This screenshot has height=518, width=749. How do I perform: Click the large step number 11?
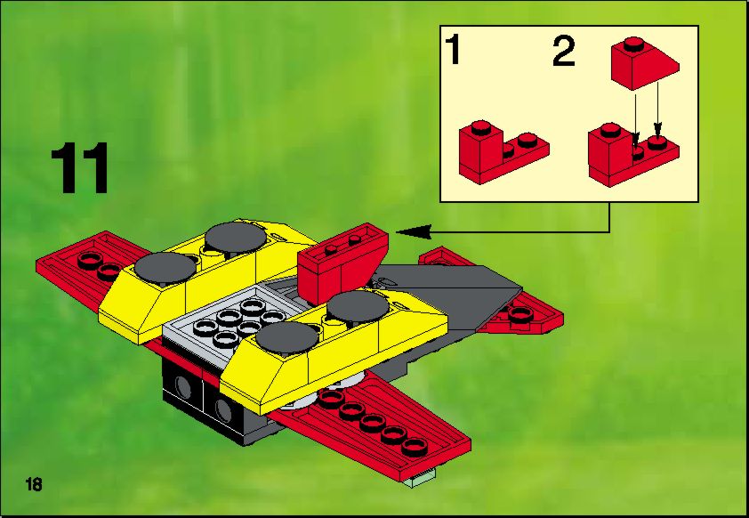point(79,168)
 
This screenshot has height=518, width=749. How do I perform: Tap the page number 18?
point(35,484)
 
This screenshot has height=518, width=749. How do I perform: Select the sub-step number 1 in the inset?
point(453,50)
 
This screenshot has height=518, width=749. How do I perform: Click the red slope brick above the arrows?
point(644,64)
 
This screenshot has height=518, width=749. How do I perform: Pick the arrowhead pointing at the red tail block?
point(414,232)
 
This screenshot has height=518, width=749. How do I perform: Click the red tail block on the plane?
point(342,262)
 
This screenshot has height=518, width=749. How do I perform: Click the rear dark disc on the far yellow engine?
point(236,238)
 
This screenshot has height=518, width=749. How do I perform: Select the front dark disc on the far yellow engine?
point(165,267)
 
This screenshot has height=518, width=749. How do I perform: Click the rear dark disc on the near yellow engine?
point(358,306)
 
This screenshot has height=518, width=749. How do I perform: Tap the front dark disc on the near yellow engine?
point(286,338)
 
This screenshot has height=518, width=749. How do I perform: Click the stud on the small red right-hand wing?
point(520,313)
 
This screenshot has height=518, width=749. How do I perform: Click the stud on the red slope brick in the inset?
point(633,45)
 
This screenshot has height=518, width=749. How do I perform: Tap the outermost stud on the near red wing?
point(415,448)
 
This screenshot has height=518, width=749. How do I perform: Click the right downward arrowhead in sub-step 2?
point(657,129)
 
